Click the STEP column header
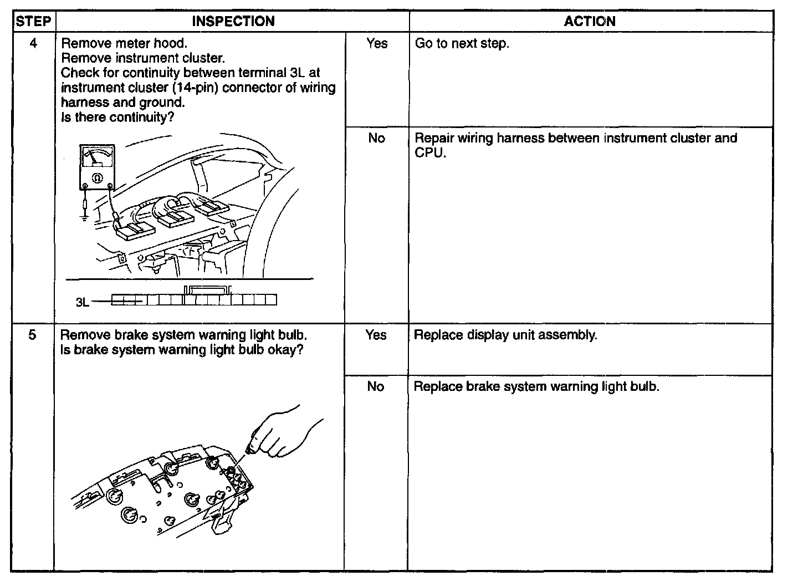coord(33,22)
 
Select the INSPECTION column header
coord(233,22)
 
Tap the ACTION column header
coord(590,22)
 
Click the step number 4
coord(33,43)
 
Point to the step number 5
coord(33,335)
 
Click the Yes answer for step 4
coord(377,43)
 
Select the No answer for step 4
coord(376,138)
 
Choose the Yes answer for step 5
coord(376,335)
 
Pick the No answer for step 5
coord(375,386)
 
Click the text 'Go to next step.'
coord(462,43)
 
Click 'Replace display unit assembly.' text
coord(505,335)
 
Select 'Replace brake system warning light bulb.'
coord(536,386)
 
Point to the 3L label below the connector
coord(82,303)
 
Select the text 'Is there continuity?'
coord(114,117)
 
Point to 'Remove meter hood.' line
coord(124,43)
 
